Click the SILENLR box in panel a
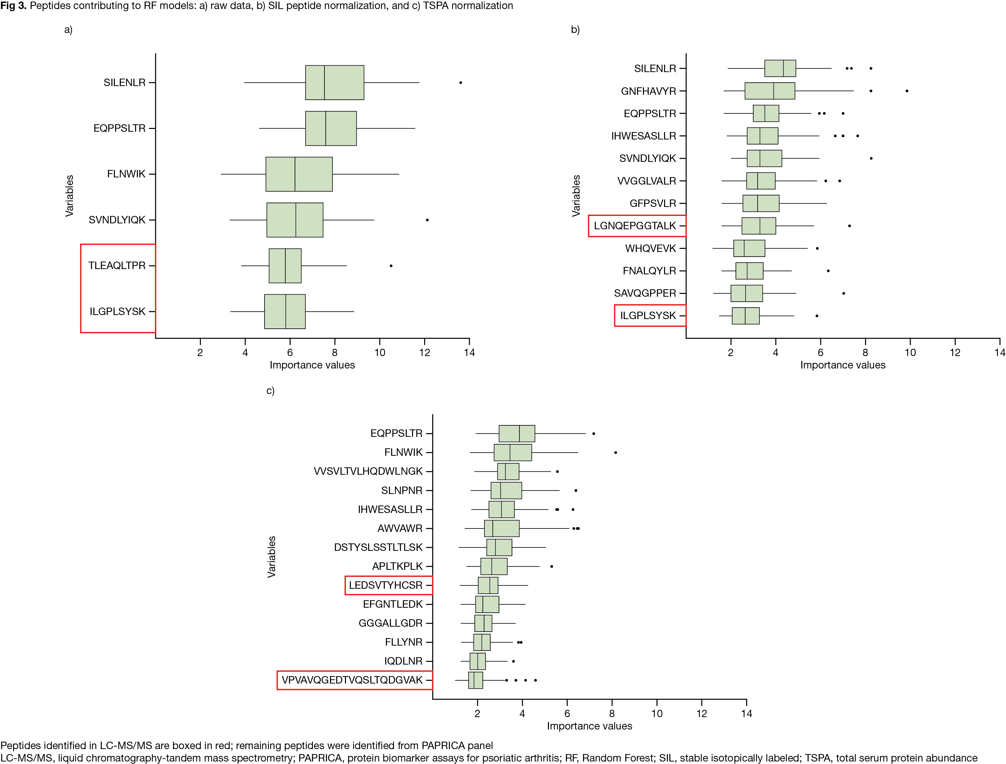pos(334,82)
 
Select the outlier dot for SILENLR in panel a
pos(461,82)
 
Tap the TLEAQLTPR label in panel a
pos(117,266)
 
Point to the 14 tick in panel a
pos(469,353)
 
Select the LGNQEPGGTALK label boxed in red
pos(635,226)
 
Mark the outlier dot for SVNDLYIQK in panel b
pos(871,158)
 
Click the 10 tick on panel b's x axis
pos(910,353)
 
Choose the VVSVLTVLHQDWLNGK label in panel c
pos(368,471)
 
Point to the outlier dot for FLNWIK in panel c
pos(616,452)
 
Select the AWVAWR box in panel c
pos(502,528)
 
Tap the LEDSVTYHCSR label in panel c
pos(386,585)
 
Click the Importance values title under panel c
pos(589,726)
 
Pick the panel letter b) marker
pos(575,30)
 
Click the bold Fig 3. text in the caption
pos(14,6)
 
